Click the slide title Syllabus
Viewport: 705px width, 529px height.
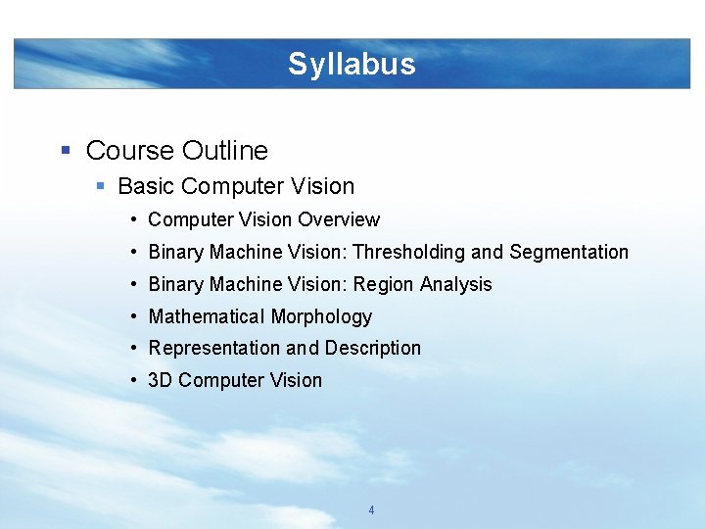point(352,65)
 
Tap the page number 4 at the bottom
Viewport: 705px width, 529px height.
point(371,510)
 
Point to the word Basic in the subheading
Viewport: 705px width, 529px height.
point(146,186)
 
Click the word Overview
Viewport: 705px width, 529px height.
point(338,220)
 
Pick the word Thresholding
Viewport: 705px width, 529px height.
point(409,252)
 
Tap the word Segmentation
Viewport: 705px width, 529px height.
point(569,252)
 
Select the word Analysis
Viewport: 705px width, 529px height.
point(456,284)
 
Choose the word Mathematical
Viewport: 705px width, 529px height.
point(205,316)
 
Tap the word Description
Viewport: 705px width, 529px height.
point(373,348)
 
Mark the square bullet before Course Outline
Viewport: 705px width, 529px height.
point(66,151)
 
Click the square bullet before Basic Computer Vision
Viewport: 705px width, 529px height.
point(99,186)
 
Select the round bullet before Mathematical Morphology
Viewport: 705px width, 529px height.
point(132,316)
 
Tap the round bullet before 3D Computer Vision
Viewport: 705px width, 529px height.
point(132,380)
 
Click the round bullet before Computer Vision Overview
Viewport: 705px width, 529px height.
point(132,220)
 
